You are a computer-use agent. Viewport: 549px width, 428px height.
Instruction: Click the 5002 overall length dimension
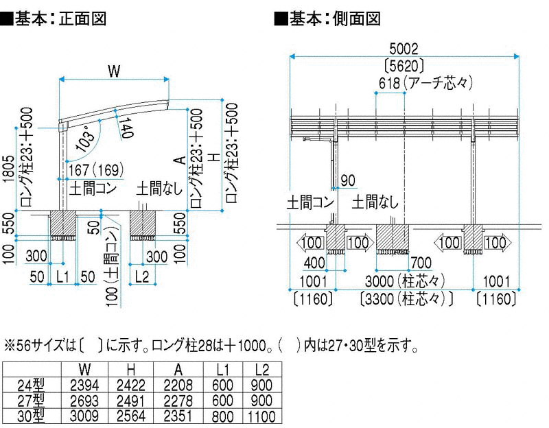coord(404,49)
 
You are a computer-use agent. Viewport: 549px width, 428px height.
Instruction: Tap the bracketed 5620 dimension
coord(404,65)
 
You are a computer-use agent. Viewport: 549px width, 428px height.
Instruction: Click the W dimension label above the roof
coord(114,71)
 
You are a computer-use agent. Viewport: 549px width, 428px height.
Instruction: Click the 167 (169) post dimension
coord(96,170)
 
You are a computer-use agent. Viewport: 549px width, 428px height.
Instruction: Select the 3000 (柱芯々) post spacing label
coord(405,281)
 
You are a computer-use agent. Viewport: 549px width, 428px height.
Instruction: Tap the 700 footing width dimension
coord(421,263)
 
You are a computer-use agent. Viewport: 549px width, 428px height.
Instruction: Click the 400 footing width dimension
coord(314,263)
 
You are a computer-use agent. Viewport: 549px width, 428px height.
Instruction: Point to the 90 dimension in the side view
coord(348,180)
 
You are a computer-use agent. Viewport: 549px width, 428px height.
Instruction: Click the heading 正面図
coord(82,19)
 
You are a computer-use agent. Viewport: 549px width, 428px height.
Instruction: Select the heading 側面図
coord(357,19)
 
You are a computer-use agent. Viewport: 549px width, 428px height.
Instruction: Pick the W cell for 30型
coord(84,416)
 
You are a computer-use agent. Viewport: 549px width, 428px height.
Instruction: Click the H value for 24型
coord(131,385)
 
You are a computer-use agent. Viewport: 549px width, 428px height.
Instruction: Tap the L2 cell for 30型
coord(261,416)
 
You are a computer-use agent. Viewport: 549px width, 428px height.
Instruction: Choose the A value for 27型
coord(178,401)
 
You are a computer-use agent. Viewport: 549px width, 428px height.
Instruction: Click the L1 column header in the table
coord(222,370)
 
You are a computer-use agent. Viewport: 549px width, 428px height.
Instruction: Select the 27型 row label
coord(31,401)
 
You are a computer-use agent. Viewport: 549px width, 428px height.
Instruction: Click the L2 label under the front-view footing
coord(142,277)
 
